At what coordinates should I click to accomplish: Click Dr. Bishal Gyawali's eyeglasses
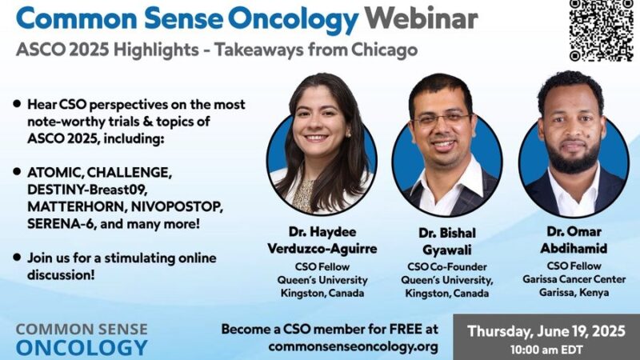tap(441, 119)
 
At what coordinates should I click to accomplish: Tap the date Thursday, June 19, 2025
tap(547, 330)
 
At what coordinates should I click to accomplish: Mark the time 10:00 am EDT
tap(547, 350)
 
